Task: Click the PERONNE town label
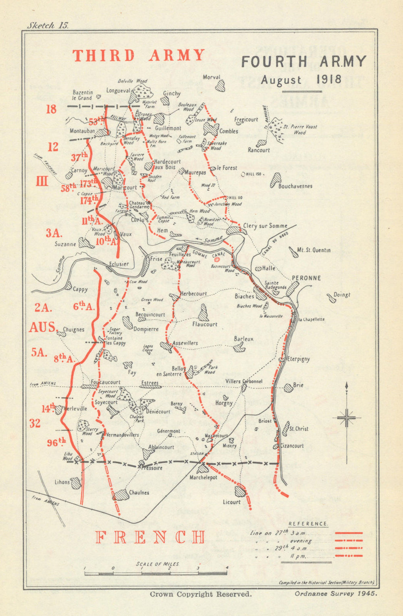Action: (x=306, y=278)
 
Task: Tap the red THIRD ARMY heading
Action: (x=139, y=56)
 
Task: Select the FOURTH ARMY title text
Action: (x=304, y=62)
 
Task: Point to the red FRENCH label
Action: (x=150, y=537)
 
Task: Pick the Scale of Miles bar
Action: (x=156, y=572)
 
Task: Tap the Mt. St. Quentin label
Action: (x=314, y=250)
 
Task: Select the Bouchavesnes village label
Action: (x=295, y=186)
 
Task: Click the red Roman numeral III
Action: (x=42, y=182)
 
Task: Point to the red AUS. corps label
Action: (x=43, y=327)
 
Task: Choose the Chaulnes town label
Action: (x=139, y=493)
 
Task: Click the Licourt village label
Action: (x=231, y=502)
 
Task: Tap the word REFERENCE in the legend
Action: (x=308, y=524)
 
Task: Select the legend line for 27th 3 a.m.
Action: (x=349, y=533)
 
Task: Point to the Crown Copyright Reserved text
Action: (x=201, y=594)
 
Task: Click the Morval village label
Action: (x=212, y=77)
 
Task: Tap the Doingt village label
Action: (x=342, y=295)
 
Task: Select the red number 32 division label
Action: (x=35, y=423)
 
